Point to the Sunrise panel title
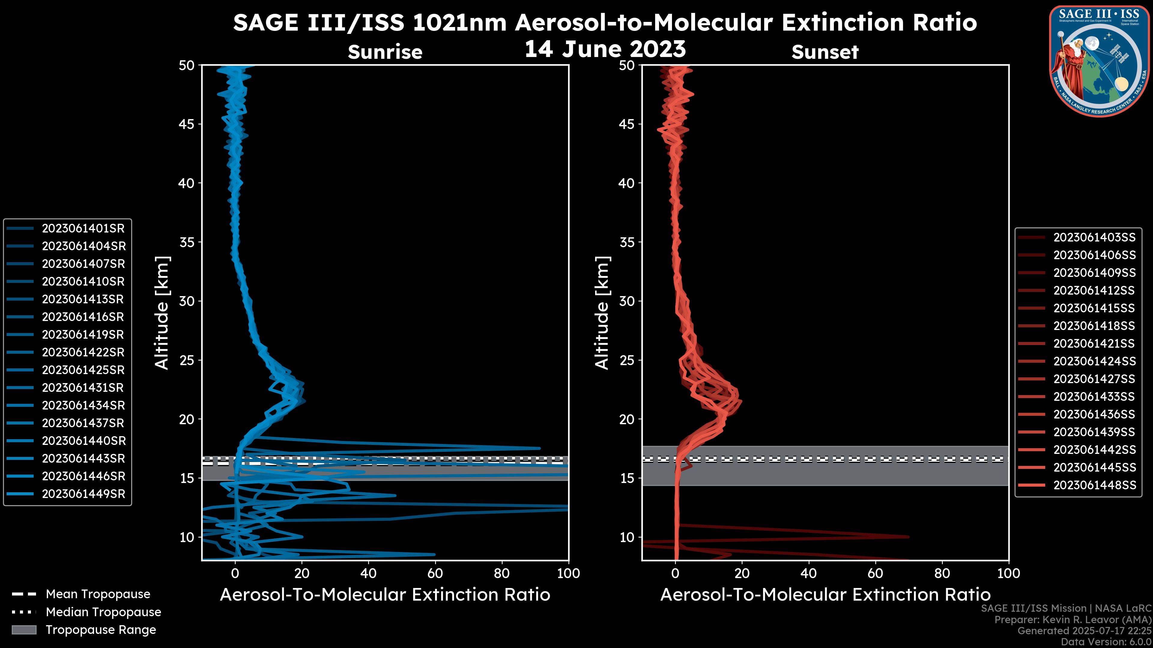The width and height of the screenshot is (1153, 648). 385,52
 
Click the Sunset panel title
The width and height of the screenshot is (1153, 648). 825,52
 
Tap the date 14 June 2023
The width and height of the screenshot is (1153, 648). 605,49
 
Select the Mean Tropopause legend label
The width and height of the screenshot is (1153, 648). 98,594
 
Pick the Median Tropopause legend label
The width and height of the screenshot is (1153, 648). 103,612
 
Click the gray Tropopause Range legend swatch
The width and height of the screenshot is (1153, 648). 24,630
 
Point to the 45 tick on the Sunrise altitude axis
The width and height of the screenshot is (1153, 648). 187,124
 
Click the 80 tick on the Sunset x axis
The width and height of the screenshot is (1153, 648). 942,573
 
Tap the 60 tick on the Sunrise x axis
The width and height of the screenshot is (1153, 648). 435,573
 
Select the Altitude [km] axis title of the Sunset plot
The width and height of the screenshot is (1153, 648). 602,313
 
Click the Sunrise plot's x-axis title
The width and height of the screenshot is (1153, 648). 385,595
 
